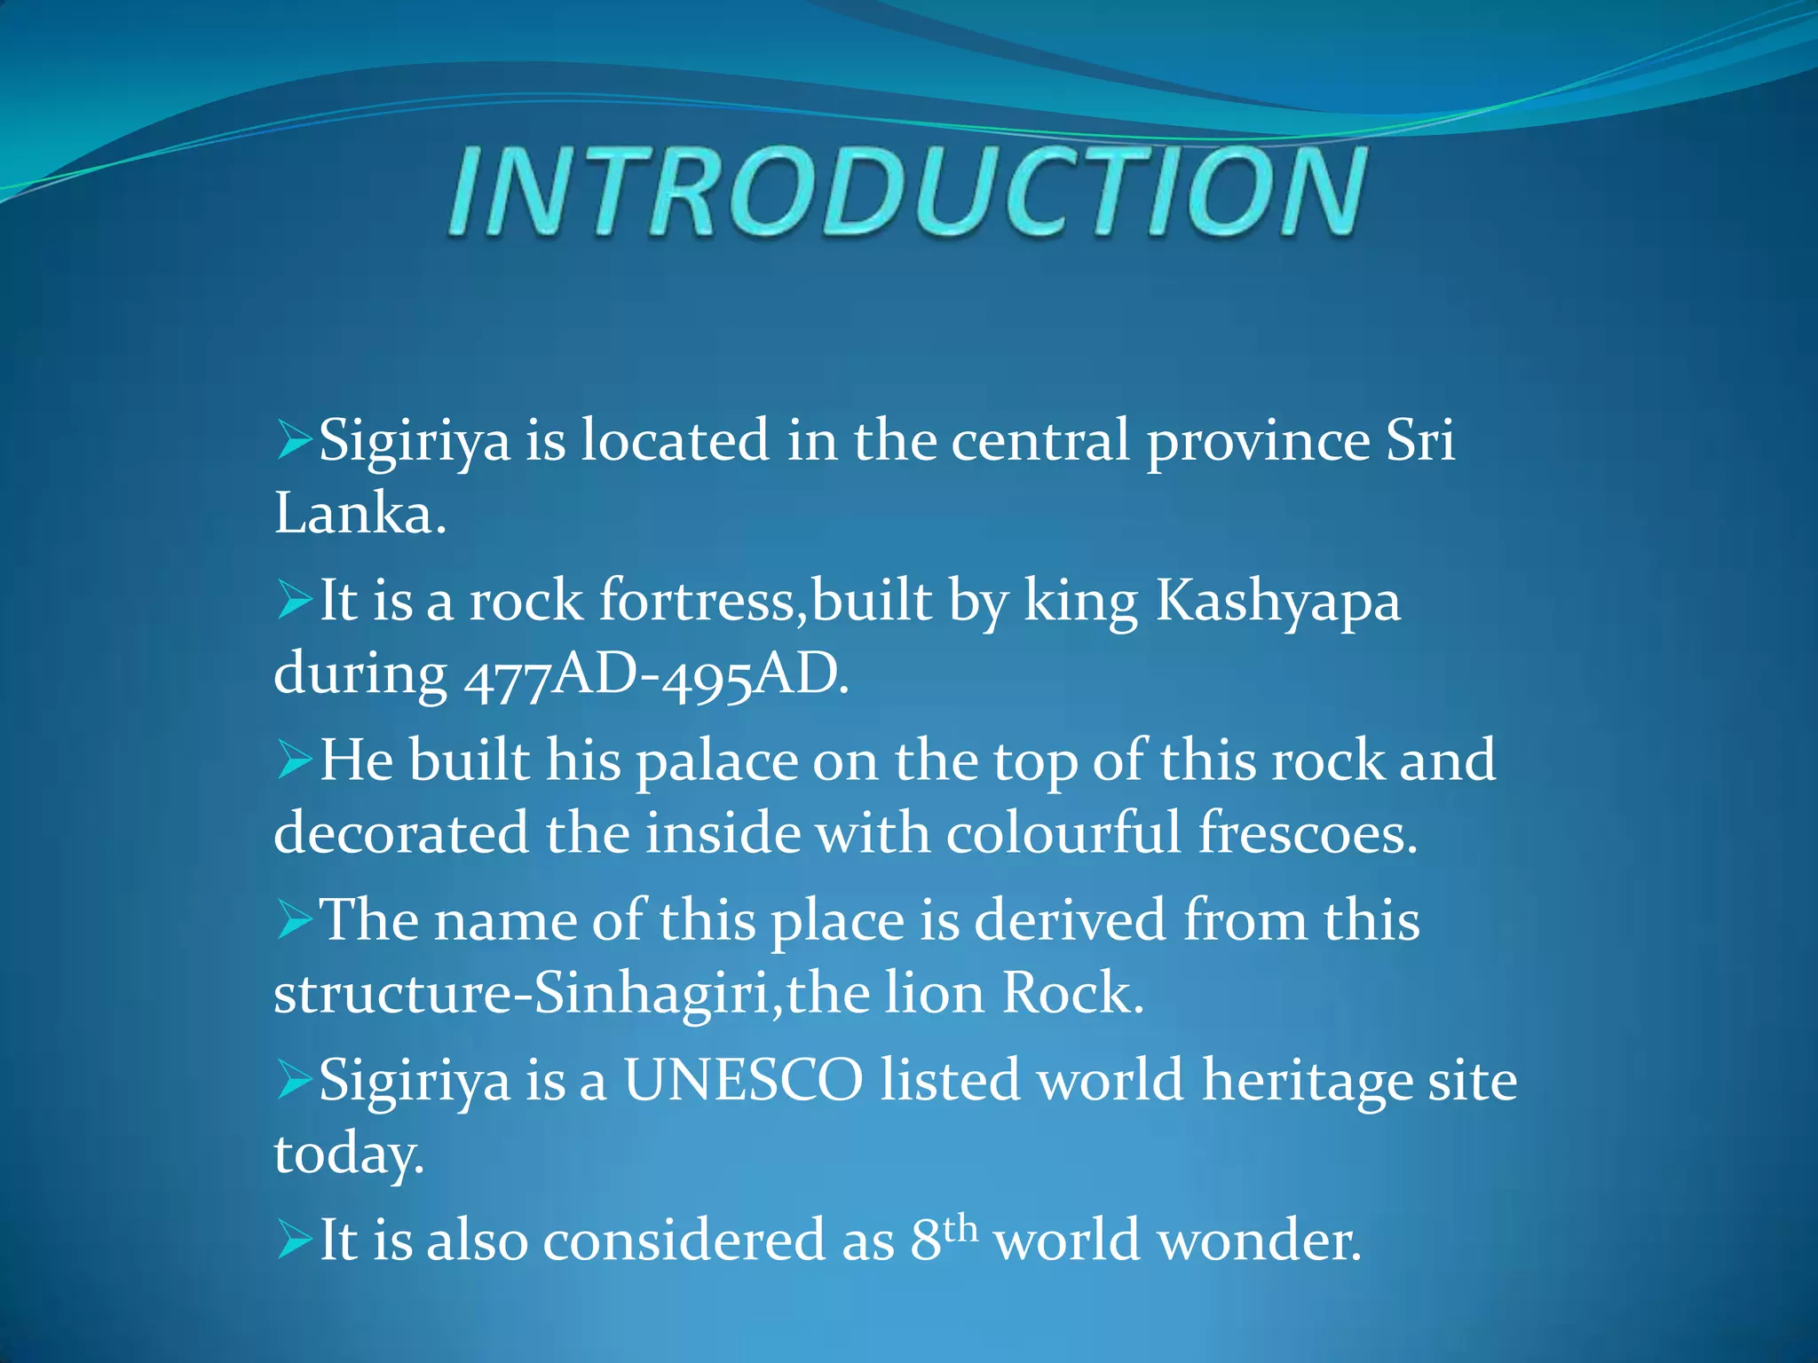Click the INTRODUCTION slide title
(x=907, y=193)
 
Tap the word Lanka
(x=358, y=514)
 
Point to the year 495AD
(x=755, y=675)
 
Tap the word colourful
(x=1063, y=834)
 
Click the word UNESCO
(x=743, y=1081)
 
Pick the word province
(x=1258, y=442)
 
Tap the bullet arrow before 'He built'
(x=294, y=760)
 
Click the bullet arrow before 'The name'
(x=294, y=919)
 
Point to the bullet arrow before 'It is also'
(x=294, y=1239)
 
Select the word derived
(x=1069, y=921)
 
